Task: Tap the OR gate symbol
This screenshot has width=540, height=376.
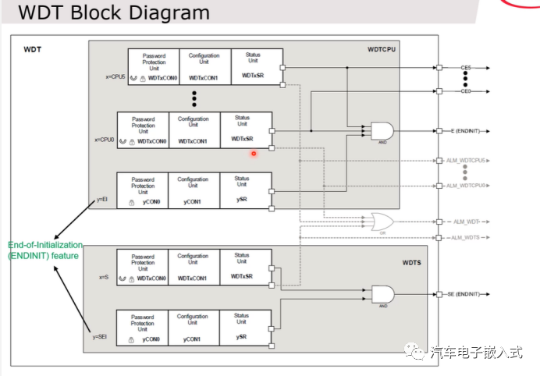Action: [x=382, y=222]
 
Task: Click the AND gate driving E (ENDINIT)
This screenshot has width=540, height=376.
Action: [x=382, y=131]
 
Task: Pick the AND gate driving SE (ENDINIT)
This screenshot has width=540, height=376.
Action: [x=382, y=294]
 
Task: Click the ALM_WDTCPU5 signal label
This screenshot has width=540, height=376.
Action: [x=466, y=161]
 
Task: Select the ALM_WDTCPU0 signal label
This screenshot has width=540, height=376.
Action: [x=466, y=186]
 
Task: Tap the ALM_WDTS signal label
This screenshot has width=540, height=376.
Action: [x=466, y=237]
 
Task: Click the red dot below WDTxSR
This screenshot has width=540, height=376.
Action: [x=254, y=153]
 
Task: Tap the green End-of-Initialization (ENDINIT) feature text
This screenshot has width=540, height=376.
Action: [x=44, y=250]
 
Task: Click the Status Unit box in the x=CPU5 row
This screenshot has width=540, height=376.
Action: [x=257, y=66]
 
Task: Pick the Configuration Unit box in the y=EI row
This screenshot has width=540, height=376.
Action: [x=193, y=190]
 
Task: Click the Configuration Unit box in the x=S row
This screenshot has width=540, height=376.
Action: [x=193, y=267]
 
